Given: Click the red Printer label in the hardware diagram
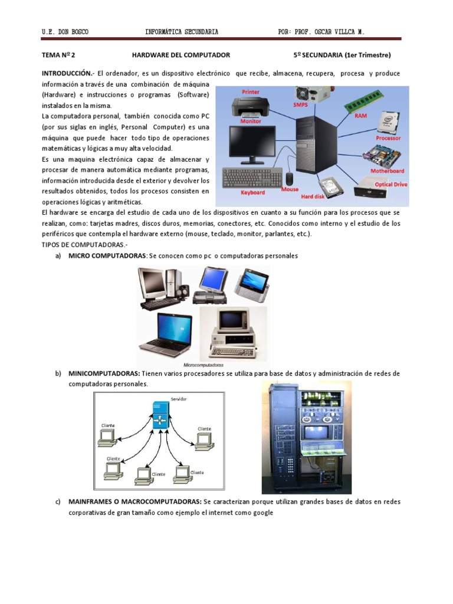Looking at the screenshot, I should (251, 92).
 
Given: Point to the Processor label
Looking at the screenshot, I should (388, 138).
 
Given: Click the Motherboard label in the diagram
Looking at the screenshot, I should (387, 171).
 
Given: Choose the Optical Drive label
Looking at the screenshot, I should (390, 184).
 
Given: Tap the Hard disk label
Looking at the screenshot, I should (315, 196).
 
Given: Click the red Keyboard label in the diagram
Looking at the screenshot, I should (252, 192).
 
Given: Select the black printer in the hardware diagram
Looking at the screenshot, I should (251, 107).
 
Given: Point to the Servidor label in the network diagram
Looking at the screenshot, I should (179, 399).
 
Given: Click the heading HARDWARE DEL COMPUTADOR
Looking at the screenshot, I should (181, 55).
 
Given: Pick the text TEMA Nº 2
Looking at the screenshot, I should (59, 55).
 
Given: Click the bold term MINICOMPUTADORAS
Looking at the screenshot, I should (104, 374).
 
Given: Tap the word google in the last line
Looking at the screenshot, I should (262, 513).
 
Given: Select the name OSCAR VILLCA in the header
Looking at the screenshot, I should (343, 32).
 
